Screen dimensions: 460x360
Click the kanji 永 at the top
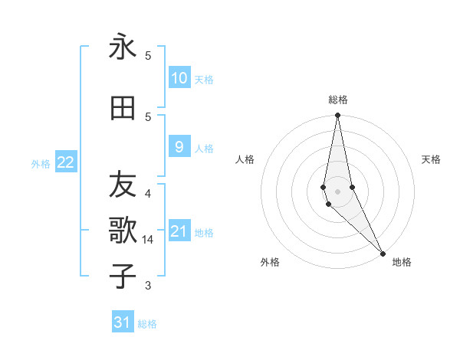(x=123, y=47)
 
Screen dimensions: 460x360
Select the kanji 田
(x=123, y=110)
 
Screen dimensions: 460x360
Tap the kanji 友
(x=123, y=185)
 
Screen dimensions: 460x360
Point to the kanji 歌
(x=123, y=230)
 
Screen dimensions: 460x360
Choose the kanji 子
(x=123, y=276)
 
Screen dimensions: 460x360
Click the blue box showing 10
(x=179, y=78)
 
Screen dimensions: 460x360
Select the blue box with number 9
(x=179, y=147)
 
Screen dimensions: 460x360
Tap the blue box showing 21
(x=179, y=231)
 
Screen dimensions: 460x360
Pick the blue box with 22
(x=66, y=162)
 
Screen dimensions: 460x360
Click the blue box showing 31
(x=123, y=322)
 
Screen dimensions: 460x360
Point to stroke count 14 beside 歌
(x=148, y=240)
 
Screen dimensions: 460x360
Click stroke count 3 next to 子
(x=148, y=286)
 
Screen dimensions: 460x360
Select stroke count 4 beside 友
(x=148, y=194)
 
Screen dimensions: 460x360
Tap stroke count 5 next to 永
(x=148, y=56)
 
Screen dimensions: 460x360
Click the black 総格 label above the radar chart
(x=338, y=100)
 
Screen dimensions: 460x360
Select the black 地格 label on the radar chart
(x=402, y=262)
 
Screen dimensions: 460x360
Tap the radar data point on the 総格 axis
(x=337, y=116)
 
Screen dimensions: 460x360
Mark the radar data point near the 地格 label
(x=383, y=253)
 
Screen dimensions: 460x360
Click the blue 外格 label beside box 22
(x=41, y=163)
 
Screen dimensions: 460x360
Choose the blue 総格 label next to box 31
(x=147, y=324)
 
